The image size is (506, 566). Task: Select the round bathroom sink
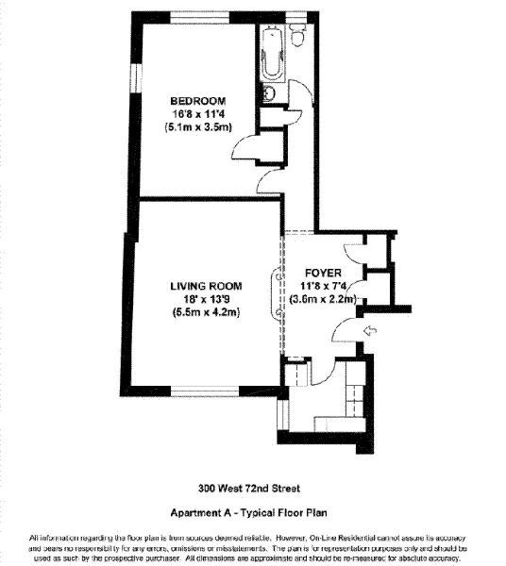coord(269,93)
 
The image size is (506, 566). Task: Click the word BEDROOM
coord(197,101)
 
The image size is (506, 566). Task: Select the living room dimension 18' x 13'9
coord(206,299)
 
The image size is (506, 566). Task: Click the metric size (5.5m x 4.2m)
coord(206,312)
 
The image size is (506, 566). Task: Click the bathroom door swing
coord(300,94)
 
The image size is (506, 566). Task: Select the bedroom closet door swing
coord(244,143)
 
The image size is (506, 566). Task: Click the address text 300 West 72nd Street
coord(249,488)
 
